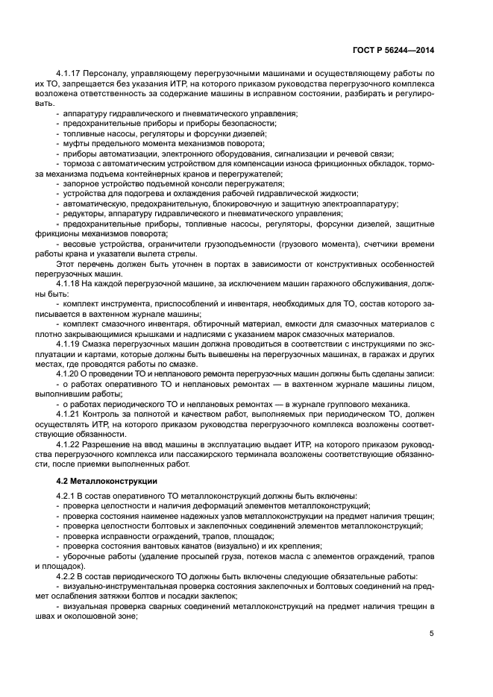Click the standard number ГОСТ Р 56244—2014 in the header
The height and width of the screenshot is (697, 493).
point(393,50)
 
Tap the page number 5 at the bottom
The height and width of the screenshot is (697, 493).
point(432,634)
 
